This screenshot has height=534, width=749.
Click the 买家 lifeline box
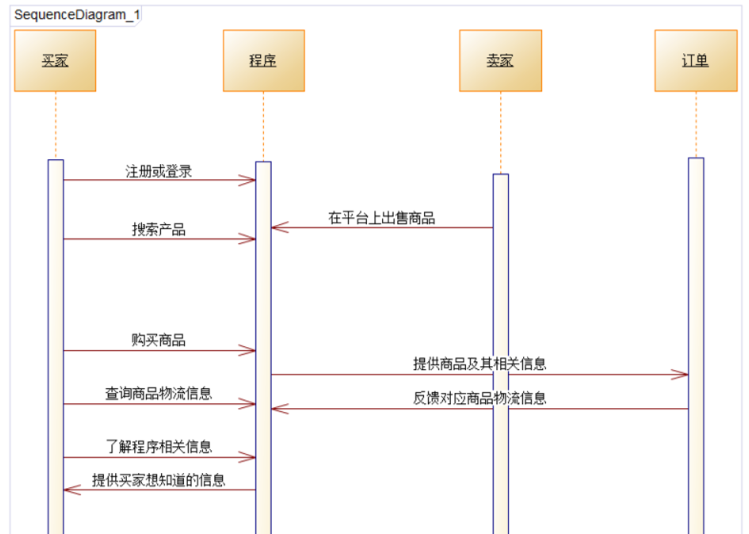point(55,61)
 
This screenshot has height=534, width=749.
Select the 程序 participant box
point(263,61)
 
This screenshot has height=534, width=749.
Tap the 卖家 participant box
point(500,61)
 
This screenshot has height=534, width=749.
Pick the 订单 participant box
point(696,61)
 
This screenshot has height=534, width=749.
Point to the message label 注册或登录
point(159,172)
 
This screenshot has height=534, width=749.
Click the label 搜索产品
point(159,230)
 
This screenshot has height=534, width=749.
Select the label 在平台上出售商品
point(381,218)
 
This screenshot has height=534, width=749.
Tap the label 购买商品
point(159,340)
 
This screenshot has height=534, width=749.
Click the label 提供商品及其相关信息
point(479,363)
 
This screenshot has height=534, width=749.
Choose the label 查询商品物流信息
point(159,394)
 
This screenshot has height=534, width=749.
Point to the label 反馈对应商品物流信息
point(479,398)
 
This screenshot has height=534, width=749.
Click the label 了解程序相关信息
point(159,447)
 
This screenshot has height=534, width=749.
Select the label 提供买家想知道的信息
point(159,481)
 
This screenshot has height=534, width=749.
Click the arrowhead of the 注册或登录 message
point(250,180)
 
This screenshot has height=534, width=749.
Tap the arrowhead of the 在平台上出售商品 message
point(277,228)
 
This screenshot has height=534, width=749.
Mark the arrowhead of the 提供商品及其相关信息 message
point(682,375)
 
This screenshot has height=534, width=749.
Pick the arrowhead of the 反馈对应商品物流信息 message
point(277,409)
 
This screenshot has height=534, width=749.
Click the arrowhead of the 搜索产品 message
point(250,239)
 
